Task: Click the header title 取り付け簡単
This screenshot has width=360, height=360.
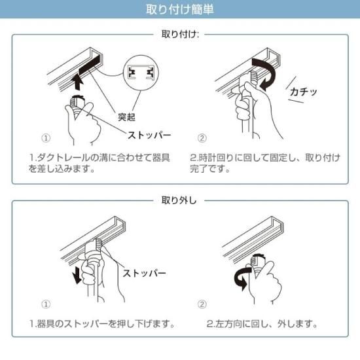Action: [179, 10]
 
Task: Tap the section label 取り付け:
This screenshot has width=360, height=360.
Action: [179, 33]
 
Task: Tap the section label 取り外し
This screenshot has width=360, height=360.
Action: [179, 200]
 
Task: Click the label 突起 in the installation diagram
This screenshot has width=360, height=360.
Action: [126, 118]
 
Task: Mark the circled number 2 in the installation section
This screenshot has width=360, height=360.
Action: [202, 138]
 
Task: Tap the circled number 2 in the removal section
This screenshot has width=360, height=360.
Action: [202, 304]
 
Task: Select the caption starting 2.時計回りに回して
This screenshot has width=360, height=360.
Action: [264, 163]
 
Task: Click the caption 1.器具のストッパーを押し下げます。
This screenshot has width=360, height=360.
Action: [102, 324]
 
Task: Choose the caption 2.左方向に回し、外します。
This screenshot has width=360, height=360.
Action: [262, 324]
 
